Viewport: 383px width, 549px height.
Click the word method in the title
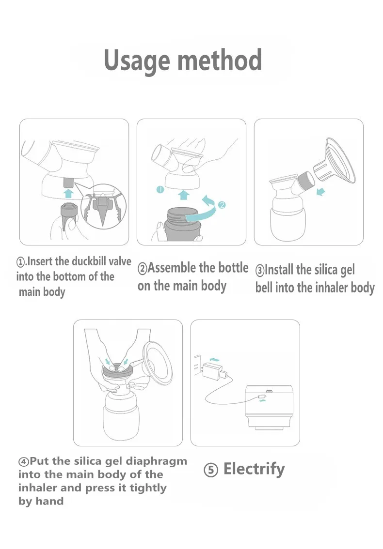[220, 60]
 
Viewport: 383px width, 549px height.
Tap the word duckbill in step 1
[89, 261]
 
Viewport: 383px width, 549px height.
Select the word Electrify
[254, 469]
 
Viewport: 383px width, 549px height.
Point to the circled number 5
[211, 470]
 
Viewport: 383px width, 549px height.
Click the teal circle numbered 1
[160, 190]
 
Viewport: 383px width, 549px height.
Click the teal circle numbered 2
[222, 205]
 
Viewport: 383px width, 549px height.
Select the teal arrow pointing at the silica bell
[320, 192]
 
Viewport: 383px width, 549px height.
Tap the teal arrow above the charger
[214, 359]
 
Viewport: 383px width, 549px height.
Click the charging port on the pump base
[270, 391]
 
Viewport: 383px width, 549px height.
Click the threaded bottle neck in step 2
[182, 214]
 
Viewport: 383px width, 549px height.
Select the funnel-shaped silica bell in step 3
[336, 162]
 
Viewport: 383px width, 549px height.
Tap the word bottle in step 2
[233, 268]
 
